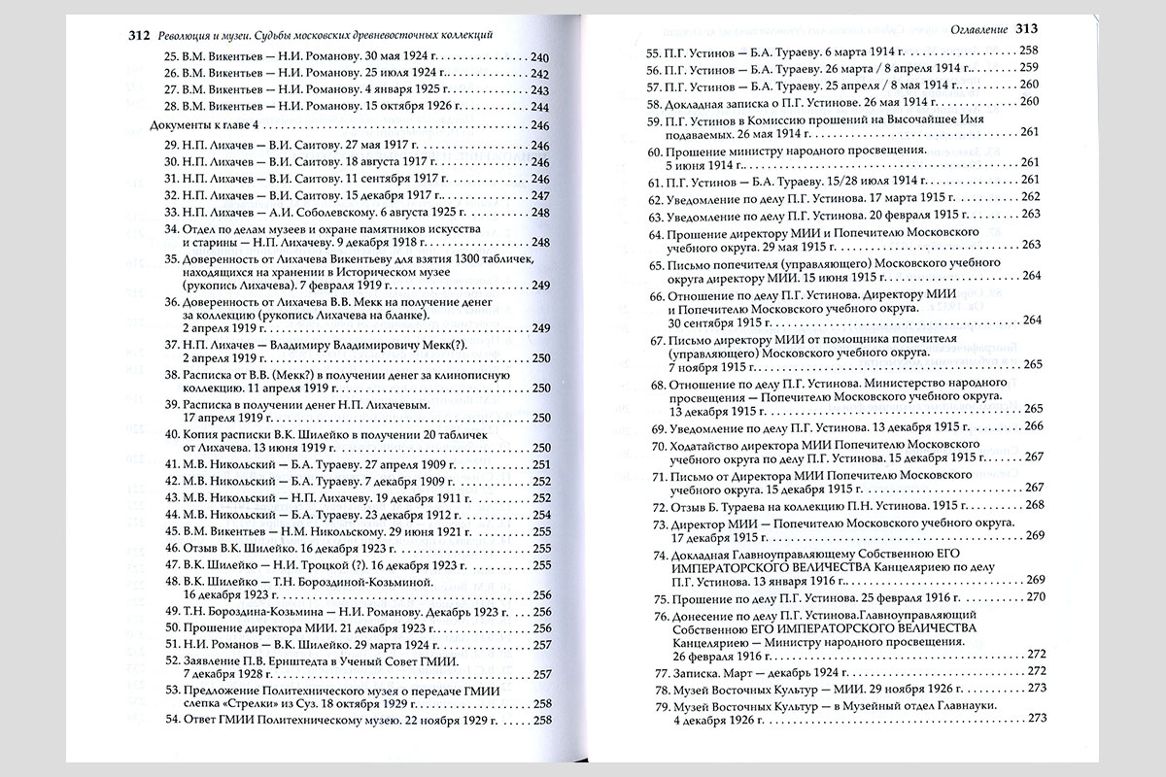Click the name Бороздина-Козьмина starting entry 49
click(253, 613)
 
